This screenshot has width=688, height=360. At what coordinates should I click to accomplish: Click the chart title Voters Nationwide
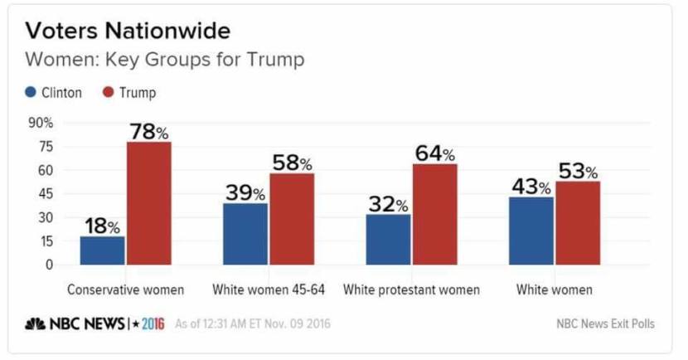pos(128,32)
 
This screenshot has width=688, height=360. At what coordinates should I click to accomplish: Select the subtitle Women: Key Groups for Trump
pos(165,60)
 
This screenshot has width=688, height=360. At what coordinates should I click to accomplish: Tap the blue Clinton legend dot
pos(31,92)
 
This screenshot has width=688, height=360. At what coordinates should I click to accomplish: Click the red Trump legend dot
pos(108,92)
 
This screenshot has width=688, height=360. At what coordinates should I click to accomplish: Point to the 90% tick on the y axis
pos(41,123)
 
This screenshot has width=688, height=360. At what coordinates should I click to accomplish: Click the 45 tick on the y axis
pos(46,194)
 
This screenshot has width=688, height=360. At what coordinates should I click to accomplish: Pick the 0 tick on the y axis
pos(49,265)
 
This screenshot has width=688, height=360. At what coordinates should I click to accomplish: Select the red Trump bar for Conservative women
pos(148,203)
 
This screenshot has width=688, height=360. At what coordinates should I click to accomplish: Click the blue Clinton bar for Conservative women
pos(103,251)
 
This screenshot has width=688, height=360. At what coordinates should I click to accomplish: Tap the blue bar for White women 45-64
pos(245,234)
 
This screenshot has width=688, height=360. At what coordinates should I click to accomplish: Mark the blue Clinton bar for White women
pos(532,231)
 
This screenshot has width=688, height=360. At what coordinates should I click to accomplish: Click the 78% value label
pos(148,131)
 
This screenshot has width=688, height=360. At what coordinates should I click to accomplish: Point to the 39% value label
pos(245,192)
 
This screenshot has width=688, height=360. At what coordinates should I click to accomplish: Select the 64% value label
pos(434,153)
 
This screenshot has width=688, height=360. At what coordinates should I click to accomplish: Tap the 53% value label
pos(578,171)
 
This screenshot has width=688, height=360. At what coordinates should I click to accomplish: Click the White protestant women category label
pos(411,290)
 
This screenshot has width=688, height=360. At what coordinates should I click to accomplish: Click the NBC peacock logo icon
pos(35,324)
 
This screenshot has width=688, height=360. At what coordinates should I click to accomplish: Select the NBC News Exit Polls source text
pos(606,324)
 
